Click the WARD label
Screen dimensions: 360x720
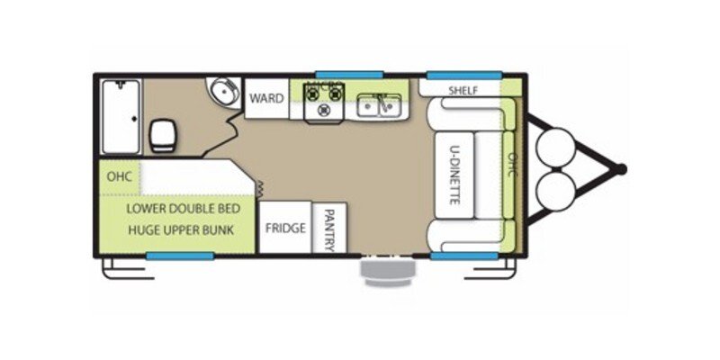[266, 98]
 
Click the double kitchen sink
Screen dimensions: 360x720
[379, 106]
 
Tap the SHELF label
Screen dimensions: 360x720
[463, 90]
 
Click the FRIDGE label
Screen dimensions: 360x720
[285, 228]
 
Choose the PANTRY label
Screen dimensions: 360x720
[328, 229]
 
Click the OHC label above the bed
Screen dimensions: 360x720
[120, 176]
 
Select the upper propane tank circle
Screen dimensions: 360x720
[555, 146]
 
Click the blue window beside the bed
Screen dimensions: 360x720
[180, 256]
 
